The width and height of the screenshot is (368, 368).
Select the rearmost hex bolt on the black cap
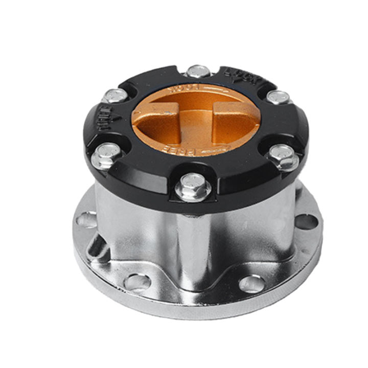[x=198, y=71]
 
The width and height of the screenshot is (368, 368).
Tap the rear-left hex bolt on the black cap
[x=116, y=95]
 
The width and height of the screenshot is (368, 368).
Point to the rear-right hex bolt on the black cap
[x=278, y=97]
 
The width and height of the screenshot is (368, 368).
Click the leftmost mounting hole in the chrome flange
[x=86, y=220]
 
